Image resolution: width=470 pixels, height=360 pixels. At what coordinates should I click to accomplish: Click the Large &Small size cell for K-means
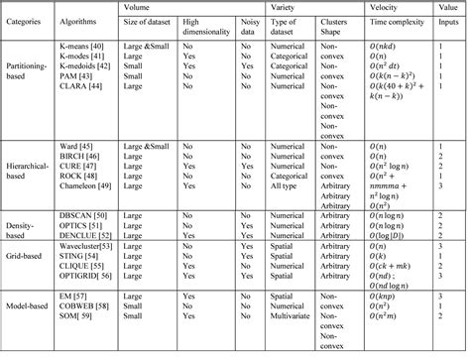158,53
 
